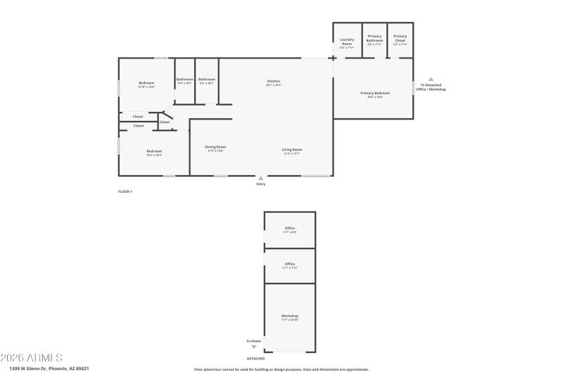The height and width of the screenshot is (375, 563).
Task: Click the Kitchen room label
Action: pyautogui.click(x=274, y=82)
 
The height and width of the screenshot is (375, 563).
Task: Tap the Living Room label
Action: pyautogui.click(x=292, y=149)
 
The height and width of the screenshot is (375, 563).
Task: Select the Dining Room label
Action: pyautogui.click(x=215, y=147)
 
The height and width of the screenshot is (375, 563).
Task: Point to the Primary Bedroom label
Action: pyautogui.click(x=374, y=94)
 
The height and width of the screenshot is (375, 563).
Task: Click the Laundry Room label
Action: pyautogui.click(x=346, y=42)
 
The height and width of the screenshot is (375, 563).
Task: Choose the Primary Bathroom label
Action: pyautogui.click(x=374, y=38)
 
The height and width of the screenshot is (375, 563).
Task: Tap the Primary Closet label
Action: pyautogui.click(x=400, y=38)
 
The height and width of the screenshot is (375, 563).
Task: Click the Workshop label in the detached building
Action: pyautogui.click(x=290, y=316)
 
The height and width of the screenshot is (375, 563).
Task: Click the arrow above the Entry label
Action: pyautogui.click(x=261, y=178)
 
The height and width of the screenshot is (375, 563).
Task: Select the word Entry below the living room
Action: pyautogui.click(x=261, y=184)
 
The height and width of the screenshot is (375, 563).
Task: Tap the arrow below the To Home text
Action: pyautogui.click(x=254, y=347)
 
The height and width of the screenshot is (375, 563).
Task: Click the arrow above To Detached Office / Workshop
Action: pyautogui.click(x=431, y=80)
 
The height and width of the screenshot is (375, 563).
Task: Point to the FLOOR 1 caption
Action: pyautogui.click(x=125, y=191)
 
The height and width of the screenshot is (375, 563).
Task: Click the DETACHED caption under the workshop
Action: pyautogui.click(x=255, y=358)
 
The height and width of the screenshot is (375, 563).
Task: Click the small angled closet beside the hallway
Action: pyautogui.click(x=164, y=122)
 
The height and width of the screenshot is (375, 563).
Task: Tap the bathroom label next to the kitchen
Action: pyautogui.click(x=206, y=80)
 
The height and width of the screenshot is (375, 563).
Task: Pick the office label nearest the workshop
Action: pyautogui.click(x=290, y=264)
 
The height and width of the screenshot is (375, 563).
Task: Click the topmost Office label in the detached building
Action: pyautogui.click(x=290, y=228)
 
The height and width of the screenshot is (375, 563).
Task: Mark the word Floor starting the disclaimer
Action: pyautogui.click(x=198, y=369)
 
